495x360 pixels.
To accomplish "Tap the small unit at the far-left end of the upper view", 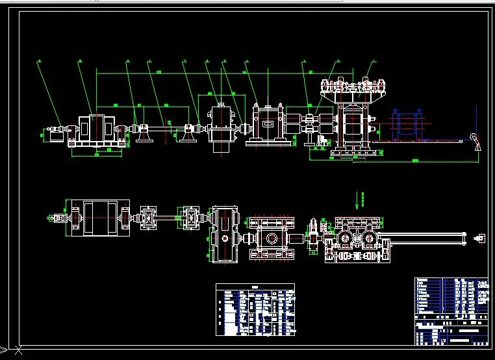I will click(53, 135).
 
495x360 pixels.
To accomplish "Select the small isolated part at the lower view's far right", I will click(480, 238).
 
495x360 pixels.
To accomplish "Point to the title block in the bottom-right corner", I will click(451, 311).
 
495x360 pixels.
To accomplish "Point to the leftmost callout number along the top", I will click(39, 61).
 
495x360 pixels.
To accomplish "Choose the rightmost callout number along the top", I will click(373, 61).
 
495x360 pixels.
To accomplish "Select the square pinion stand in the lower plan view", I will click(269, 238).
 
